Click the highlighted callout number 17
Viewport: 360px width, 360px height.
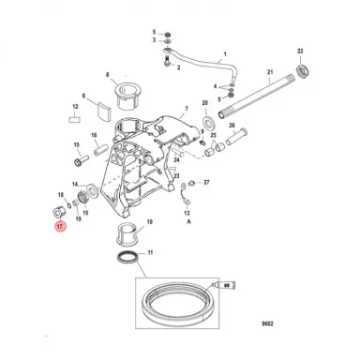point(59,227)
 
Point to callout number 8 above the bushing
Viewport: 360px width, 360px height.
point(108,74)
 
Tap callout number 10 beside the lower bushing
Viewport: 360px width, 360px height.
point(170,223)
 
